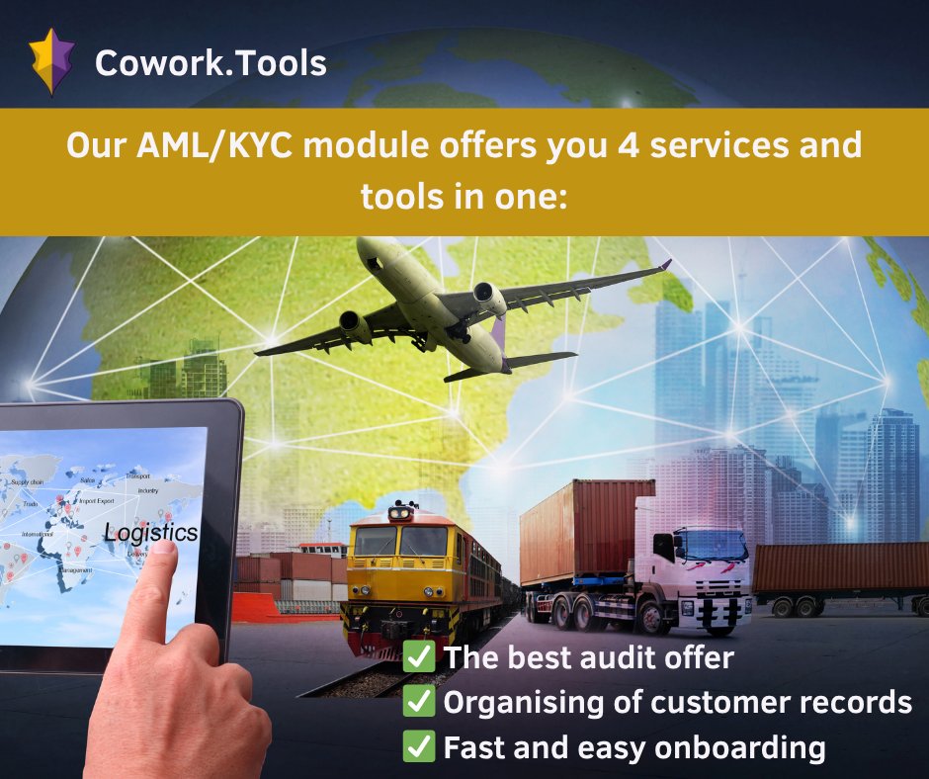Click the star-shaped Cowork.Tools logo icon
point(52,61)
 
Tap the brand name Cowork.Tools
point(210,63)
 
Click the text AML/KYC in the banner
point(214,146)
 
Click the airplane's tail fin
point(497,341)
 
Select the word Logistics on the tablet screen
point(150,533)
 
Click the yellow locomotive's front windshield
point(400,540)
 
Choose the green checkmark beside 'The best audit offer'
point(419,656)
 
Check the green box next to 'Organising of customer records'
point(419,702)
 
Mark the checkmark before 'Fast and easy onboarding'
point(419,747)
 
